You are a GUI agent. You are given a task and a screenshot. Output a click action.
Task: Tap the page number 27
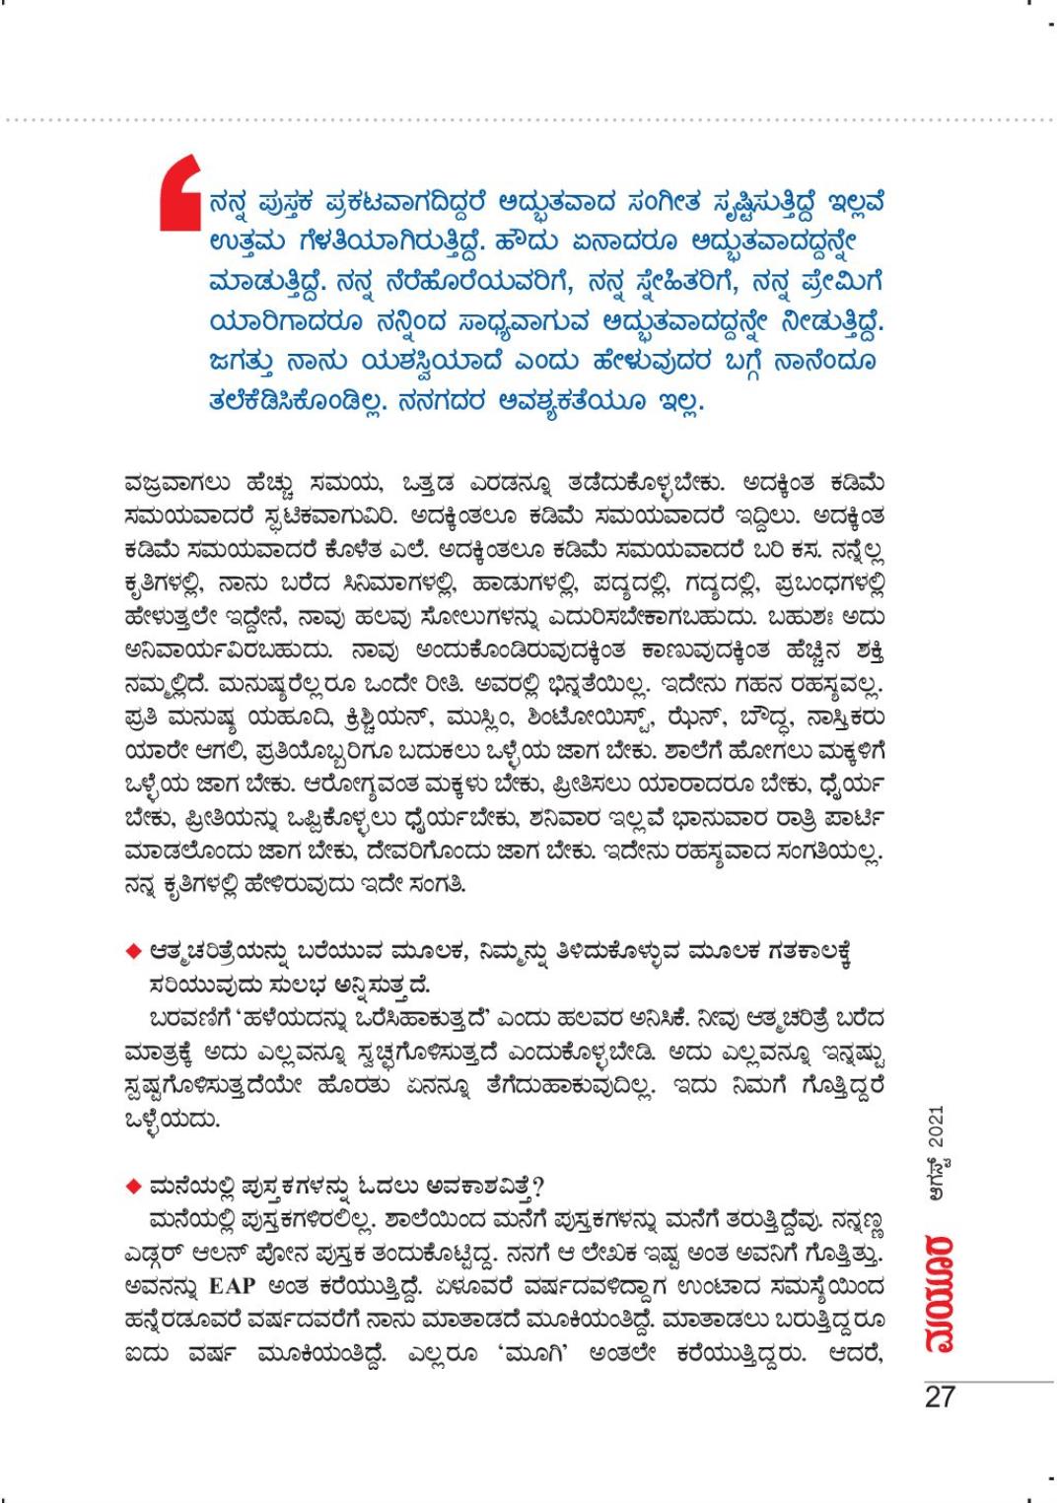click(x=940, y=1398)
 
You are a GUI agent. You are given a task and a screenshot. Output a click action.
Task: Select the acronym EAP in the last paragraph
click(x=232, y=1287)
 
